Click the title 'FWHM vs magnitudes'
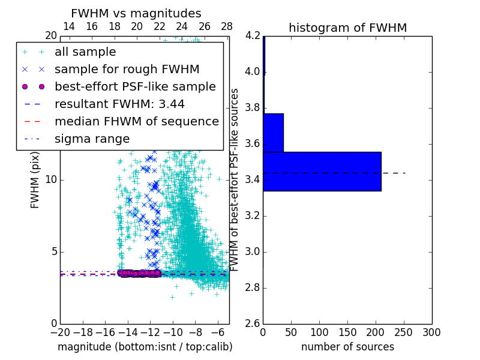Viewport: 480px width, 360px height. click(136, 13)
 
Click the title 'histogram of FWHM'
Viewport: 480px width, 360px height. click(347, 28)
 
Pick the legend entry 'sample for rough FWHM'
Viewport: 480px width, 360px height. click(127, 70)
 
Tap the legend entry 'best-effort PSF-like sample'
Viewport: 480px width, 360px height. click(135, 86)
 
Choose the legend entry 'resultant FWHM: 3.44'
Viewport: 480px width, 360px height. click(119, 104)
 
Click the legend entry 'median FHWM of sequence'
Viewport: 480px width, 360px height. click(136, 121)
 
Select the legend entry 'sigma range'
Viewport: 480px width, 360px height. click(92, 139)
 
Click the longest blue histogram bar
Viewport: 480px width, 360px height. click(322, 171)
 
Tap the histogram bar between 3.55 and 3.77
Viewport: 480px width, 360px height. click(273, 133)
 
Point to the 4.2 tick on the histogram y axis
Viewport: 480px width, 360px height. click(253, 36)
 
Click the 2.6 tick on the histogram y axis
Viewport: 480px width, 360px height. click(253, 323)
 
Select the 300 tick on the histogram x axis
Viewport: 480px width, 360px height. click(431, 332)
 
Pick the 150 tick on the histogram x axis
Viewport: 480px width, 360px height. click(347, 332)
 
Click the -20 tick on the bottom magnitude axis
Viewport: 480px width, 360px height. click(60, 332)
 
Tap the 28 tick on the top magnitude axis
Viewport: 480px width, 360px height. click(227, 26)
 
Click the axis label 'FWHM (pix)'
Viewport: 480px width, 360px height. click(35, 179)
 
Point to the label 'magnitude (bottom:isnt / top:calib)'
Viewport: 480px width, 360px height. click(145, 347)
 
